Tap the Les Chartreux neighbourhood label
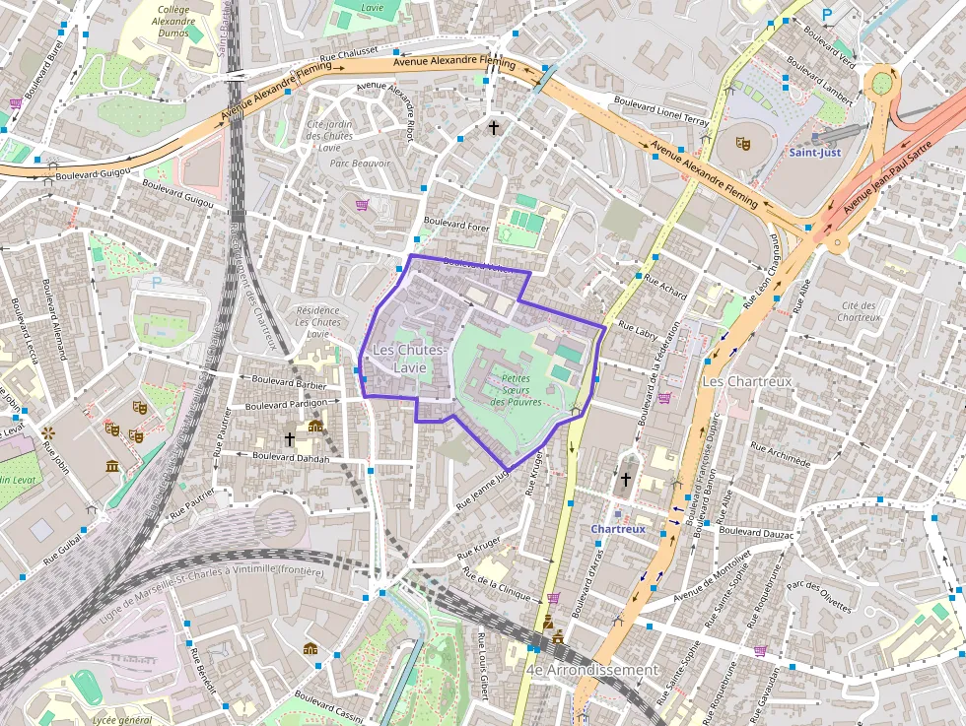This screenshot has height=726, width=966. (746, 380)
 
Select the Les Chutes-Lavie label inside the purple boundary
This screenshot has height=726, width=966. (409, 359)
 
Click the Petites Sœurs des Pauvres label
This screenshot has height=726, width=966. (516, 389)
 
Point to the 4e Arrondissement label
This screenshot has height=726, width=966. (591, 670)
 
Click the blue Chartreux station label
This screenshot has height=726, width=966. (618, 529)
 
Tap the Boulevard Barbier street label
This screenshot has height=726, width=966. (289, 379)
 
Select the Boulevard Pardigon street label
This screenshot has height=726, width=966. (285, 405)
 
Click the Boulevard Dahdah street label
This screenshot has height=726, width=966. (291, 456)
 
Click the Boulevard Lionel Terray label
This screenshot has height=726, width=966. (661, 107)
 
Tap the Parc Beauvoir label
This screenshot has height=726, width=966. (360, 164)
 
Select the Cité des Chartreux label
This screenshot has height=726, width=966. (858, 311)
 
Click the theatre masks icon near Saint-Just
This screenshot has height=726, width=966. (744, 144)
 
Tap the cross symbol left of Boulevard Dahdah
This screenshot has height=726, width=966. (289, 437)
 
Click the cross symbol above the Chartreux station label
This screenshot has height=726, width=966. (625, 480)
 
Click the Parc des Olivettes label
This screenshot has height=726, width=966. (819, 597)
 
